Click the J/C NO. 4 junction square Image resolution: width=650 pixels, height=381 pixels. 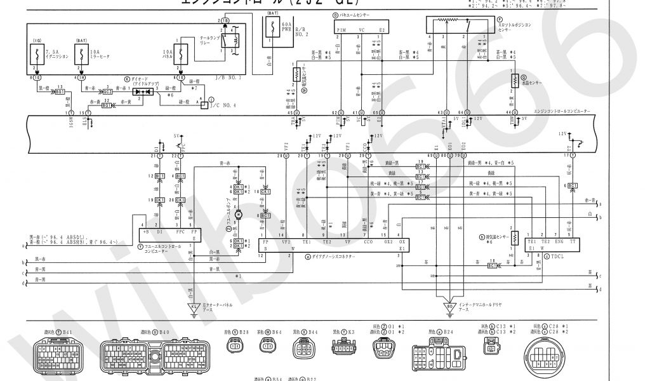203,104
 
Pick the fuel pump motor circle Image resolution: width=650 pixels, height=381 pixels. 239,216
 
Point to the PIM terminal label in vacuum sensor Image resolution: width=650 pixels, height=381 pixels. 342,29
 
